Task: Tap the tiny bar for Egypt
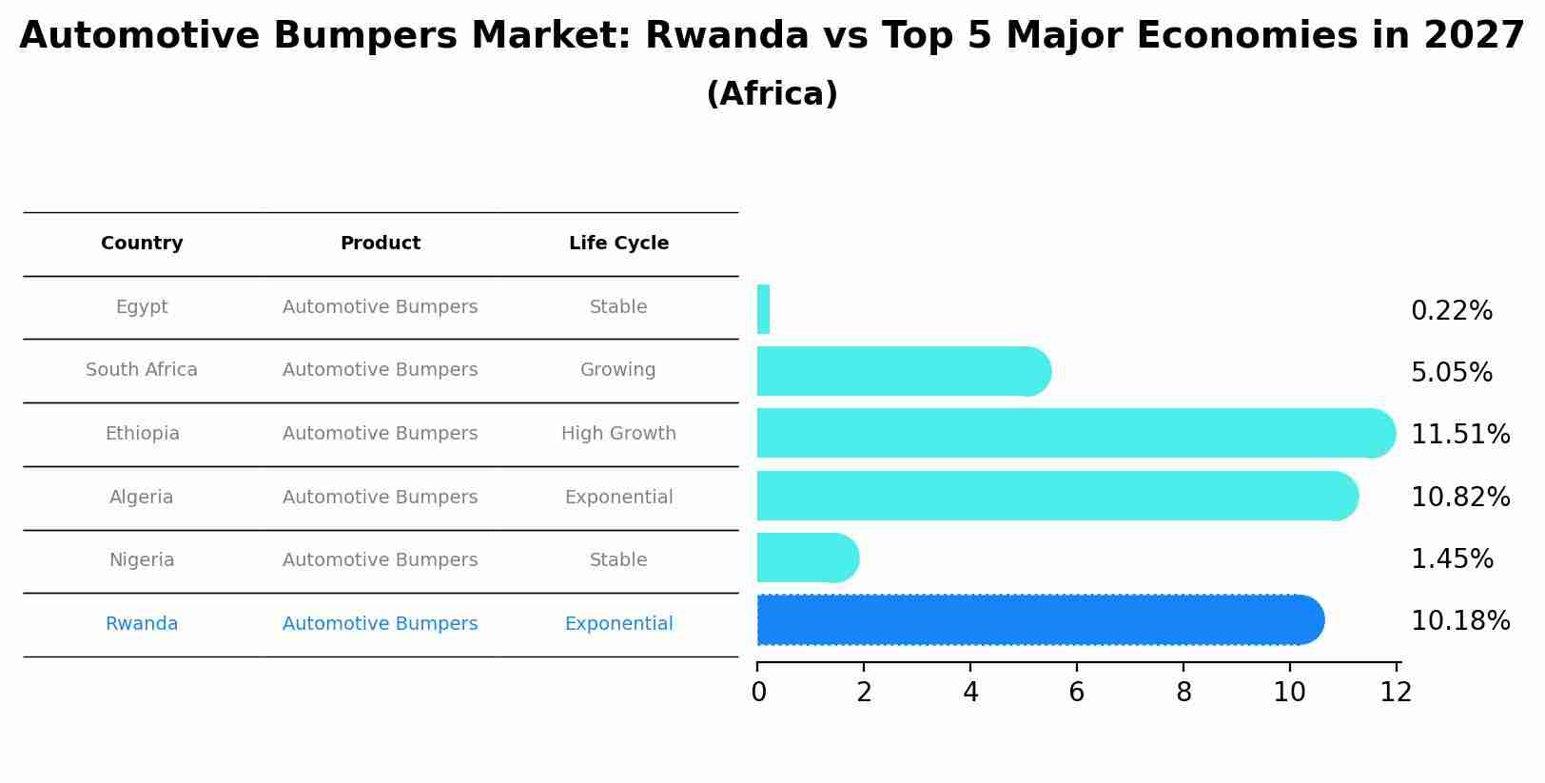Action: [763, 310]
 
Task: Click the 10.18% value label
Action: [1460, 621]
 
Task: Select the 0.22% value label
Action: [1452, 311]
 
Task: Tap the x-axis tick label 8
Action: [1183, 693]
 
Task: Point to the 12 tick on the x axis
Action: [1396, 693]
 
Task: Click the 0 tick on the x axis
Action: [758, 693]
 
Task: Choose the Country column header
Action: [142, 244]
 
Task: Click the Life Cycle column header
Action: [618, 244]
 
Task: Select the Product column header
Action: [381, 244]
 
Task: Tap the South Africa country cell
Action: [142, 370]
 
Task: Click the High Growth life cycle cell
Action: [618, 434]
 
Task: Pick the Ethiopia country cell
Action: [142, 434]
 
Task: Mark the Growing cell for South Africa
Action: [618, 370]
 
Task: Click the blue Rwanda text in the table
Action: [142, 624]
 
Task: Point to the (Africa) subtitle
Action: [772, 94]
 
